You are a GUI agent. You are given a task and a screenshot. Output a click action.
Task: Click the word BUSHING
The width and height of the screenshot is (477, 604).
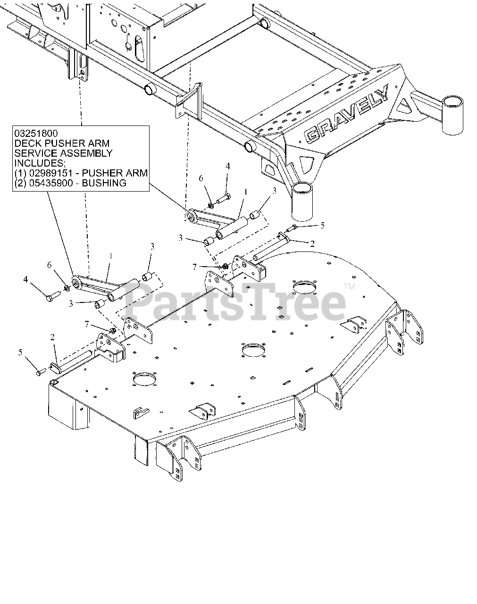pos(104,183)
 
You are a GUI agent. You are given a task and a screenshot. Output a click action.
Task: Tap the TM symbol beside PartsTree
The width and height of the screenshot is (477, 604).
pos(350,286)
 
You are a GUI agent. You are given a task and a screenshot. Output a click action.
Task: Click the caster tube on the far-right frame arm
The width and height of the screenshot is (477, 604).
pos(454,114)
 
